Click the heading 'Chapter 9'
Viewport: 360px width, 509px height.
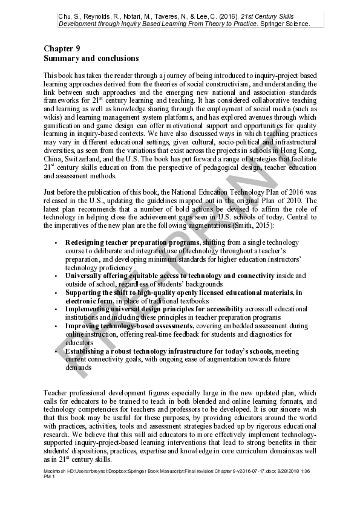62,48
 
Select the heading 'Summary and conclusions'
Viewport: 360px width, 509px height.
91,59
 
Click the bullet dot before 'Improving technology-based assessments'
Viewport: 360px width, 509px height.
56,326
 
